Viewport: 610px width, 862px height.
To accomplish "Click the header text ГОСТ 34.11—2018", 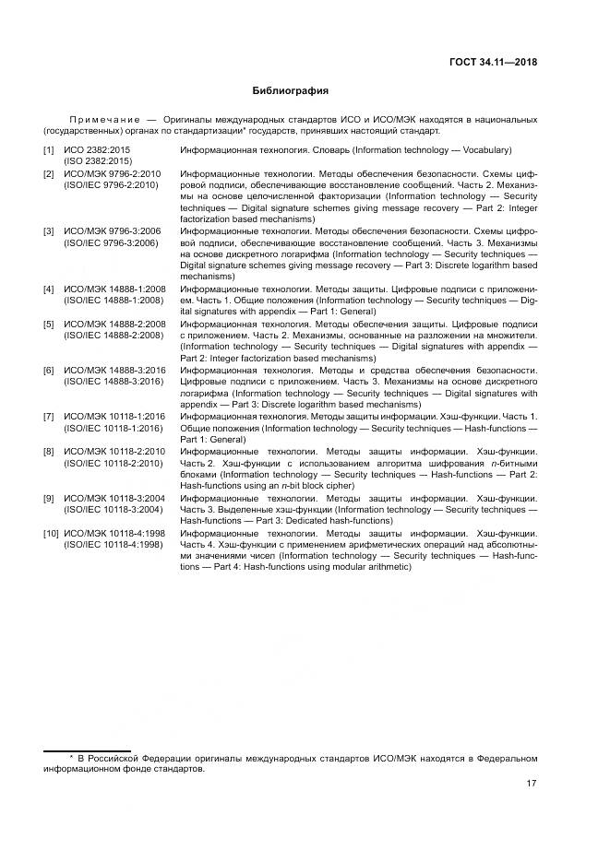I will click(492, 64).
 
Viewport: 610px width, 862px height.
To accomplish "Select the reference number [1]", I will click(48, 150).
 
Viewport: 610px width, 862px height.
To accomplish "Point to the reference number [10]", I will click(51, 534).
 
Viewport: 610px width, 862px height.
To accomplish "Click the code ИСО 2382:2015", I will click(98, 150).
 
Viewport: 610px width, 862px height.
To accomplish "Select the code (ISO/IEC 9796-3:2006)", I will click(111, 242).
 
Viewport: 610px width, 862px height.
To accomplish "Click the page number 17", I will click(532, 785).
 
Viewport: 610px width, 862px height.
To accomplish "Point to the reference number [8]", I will click(48, 452).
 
